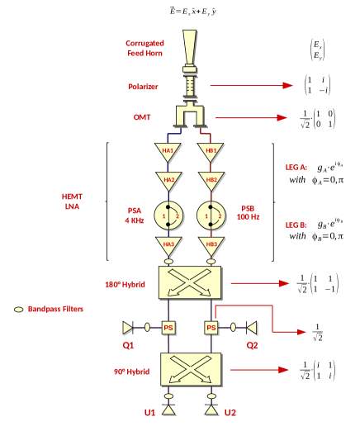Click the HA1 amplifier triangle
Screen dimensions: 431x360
click(168, 153)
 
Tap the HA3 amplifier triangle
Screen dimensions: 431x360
click(168, 244)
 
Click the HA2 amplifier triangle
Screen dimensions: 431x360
click(168, 181)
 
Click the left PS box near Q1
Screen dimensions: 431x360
click(168, 328)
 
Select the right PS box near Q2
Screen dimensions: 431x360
click(211, 328)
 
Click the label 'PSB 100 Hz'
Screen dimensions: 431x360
click(249, 213)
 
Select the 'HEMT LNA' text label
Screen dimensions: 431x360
click(72, 201)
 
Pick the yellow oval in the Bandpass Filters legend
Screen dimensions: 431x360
click(18, 309)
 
